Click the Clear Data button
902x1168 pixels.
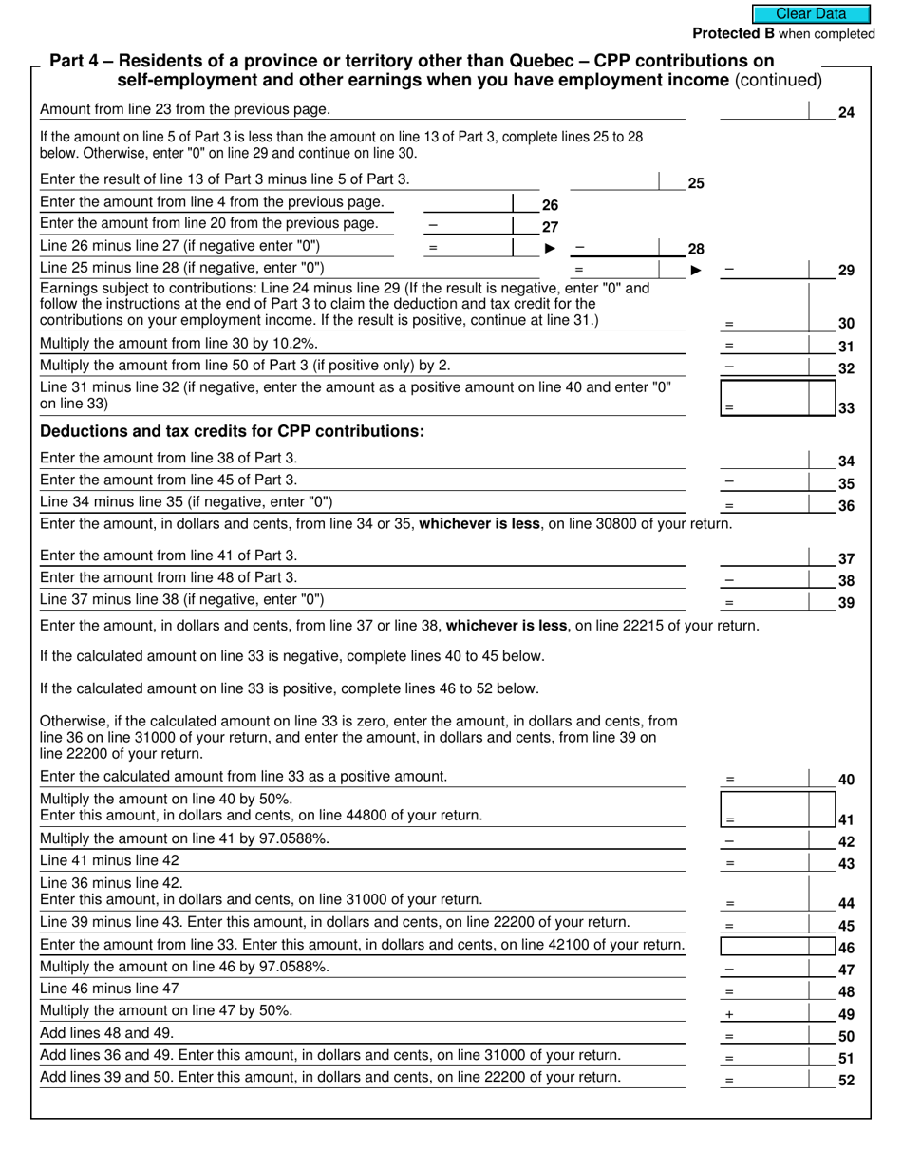coord(811,13)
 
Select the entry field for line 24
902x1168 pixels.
coord(764,110)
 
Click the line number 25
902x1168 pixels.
coord(696,183)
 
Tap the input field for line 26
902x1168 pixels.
coord(466,202)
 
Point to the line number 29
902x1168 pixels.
coord(846,271)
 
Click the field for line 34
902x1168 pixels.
coord(764,459)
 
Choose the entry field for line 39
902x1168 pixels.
coord(764,600)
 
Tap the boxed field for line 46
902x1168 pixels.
coord(764,946)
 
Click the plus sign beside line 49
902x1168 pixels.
coord(729,1014)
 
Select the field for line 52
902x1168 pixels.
coord(764,1078)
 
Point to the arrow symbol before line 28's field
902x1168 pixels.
coord(550,249)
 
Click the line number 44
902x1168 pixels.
coord(846,903)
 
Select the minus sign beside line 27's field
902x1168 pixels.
coord(433,225)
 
